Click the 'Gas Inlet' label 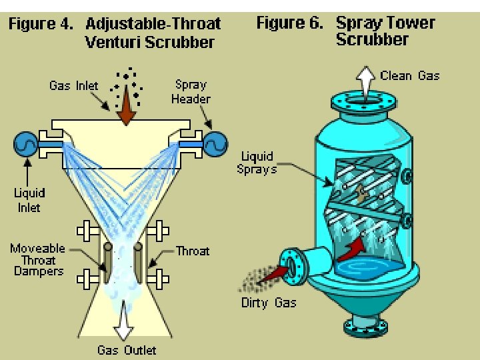coord(73,85)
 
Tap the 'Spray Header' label coord(191,92)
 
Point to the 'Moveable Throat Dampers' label coord(37,260)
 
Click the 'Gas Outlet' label coord(127,350)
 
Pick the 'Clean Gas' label coord(410,76)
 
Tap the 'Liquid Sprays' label coord(257,163)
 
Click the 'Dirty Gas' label coord(269,303)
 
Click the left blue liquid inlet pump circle coord(27,143)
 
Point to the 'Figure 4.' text coord(40,25)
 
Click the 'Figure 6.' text coord(290,23)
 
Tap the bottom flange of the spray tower coord(364,327)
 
